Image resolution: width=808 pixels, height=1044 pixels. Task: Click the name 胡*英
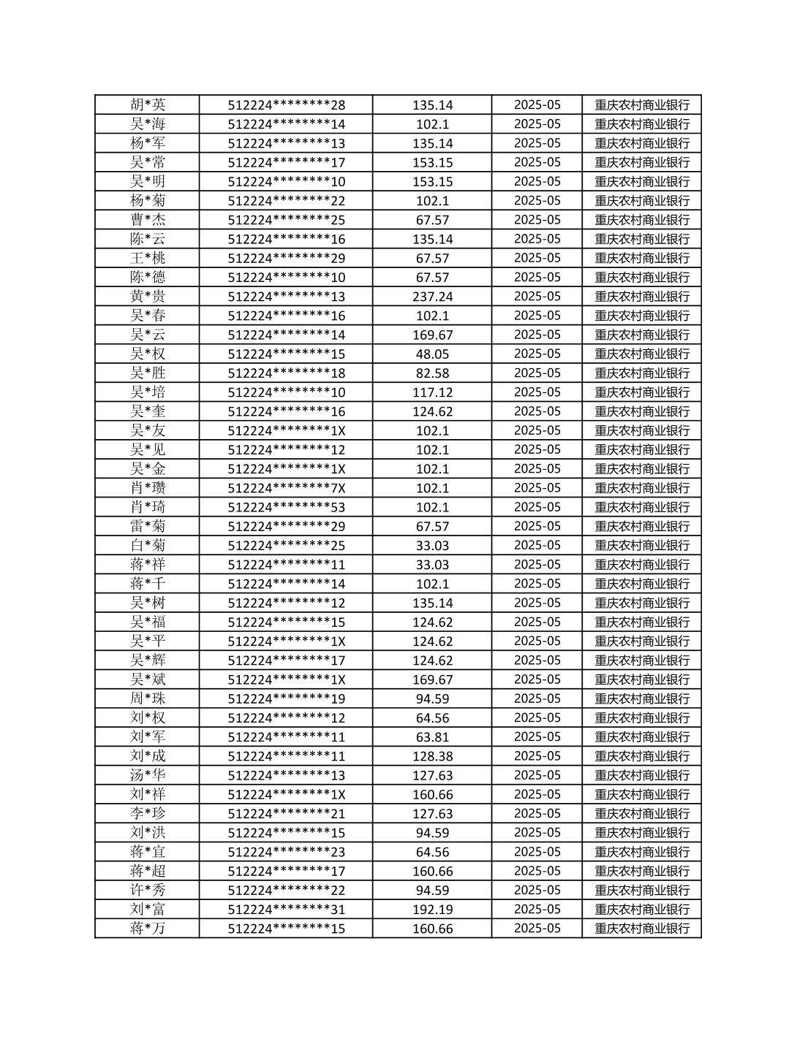(x=148, y=104)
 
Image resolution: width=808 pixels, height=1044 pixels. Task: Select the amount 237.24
(x=432, y=297)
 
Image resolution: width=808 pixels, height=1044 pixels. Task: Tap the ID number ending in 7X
(x=286, y=488)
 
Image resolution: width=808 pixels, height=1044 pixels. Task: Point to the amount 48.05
(x=432, y=354)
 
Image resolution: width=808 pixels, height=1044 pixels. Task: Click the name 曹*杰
(x=148, y=220)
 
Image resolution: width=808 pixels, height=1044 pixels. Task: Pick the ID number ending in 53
(x=286, y=507)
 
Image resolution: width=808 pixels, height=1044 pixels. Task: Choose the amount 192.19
(x=432, y=910)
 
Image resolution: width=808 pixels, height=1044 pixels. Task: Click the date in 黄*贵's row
(x=537, y=297)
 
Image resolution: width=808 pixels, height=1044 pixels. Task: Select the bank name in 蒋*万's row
(x=641, y=929)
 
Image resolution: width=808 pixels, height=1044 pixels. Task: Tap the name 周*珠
(x=148, y=698)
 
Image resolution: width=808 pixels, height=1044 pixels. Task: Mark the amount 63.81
(x=432, y=737)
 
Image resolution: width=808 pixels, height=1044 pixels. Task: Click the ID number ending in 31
(x=286, y=910)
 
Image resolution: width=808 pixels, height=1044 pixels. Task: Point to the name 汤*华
(x=148, y=775)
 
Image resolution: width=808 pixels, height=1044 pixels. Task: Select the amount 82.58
(x=432, y=373)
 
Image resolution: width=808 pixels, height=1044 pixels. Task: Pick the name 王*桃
(x=148, y=258)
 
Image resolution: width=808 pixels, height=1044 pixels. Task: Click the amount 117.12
(x=432, y=392)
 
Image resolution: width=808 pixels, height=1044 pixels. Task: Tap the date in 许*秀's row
(x=537, y=890)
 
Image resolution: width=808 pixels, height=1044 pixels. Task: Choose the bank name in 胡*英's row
(x=641, y=104)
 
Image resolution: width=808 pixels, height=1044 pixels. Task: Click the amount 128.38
(x=432, y=756)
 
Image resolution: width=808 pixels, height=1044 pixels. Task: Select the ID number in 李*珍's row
(x=286, y=814)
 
